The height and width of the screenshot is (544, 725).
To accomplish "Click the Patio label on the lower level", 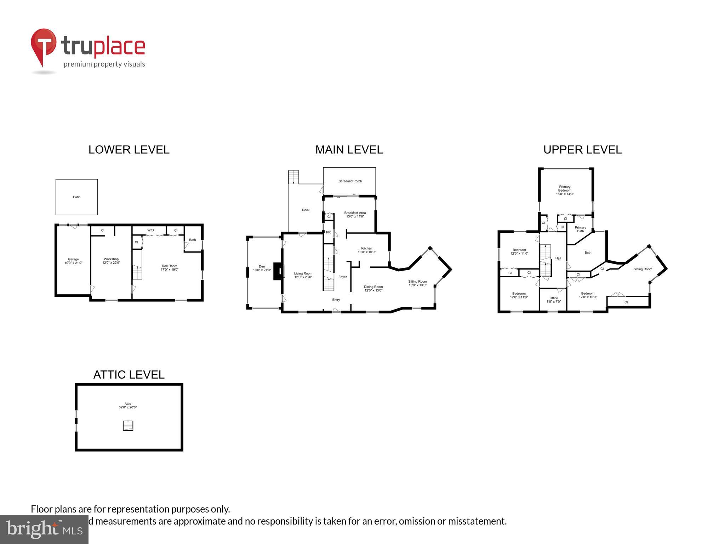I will click(x=76, y=197).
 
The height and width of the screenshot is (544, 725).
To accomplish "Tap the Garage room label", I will click(x=73, y=261).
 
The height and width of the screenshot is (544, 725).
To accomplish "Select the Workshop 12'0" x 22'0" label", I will click(x=111, y=261).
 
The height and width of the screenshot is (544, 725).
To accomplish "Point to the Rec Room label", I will click(x=170, y=267).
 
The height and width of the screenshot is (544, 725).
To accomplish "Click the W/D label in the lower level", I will click(x=150, y=230).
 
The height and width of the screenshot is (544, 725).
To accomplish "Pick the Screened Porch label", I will click(x=350, y=181).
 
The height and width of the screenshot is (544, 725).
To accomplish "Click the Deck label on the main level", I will click(x=306, y=210).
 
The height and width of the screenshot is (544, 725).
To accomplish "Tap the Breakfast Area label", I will click(x=355, y=215).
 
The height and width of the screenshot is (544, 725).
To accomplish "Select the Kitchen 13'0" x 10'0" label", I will click(x=366, y=250).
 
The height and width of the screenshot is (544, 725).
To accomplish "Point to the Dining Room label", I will click(x=373, y=288).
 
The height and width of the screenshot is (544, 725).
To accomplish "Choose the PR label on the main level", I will click(x=328, y=232).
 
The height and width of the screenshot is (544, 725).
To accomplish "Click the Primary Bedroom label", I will click(x=565, y=190).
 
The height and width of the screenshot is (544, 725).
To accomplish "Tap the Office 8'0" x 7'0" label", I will click(x=554, y=300).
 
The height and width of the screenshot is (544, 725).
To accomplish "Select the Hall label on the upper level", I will click(x=558, y=258).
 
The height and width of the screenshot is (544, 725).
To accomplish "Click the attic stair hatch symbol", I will click(x=128, y=425).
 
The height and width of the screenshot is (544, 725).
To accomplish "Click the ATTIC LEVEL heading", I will click(x=129, y=375).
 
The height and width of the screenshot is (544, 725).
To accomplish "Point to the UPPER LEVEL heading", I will click(x=582, y=150).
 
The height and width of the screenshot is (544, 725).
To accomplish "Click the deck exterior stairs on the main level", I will click(x=293, y=177).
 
